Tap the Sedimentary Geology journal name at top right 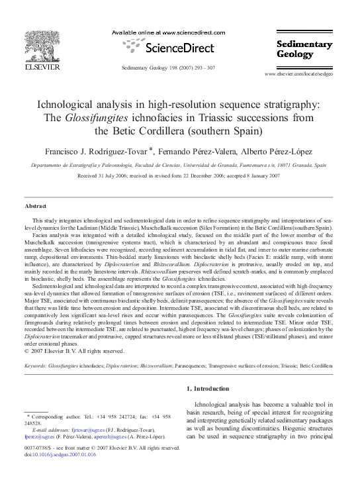(x=305, y=50)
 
